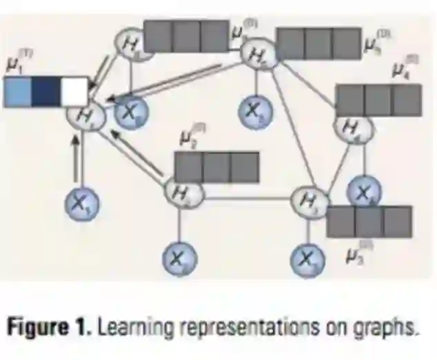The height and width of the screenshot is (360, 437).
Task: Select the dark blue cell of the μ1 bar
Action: coord(45,92)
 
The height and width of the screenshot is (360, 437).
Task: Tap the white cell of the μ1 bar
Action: coord(74,92)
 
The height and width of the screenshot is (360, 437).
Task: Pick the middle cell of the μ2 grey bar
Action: coord(216,167)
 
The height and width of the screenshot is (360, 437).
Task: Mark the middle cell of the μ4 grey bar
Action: coord(378,100)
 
